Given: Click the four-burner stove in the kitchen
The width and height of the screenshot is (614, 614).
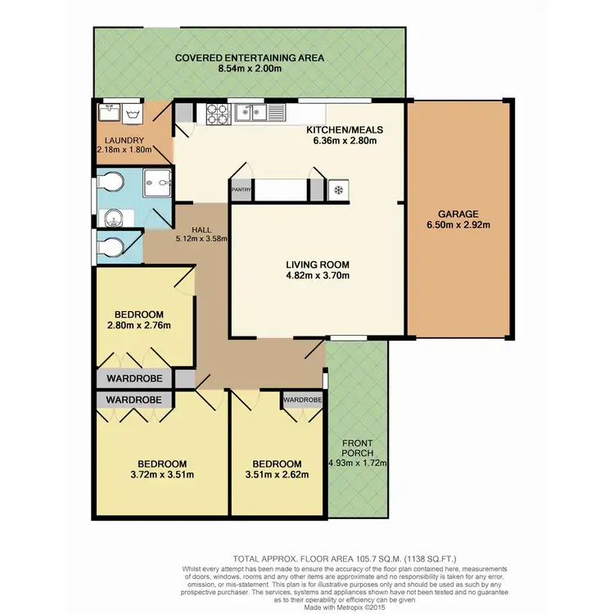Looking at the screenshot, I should pos(217,115).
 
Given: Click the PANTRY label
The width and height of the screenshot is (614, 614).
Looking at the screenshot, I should pos(241,190).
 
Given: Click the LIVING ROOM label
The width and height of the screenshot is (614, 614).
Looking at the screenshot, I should pos(318,264).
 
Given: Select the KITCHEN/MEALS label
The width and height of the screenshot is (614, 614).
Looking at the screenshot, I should pos(345,130).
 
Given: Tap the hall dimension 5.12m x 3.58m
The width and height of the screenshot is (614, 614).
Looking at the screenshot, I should pos(201,239).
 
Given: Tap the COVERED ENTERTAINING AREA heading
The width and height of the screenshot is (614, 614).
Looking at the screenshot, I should pos(249,57).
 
